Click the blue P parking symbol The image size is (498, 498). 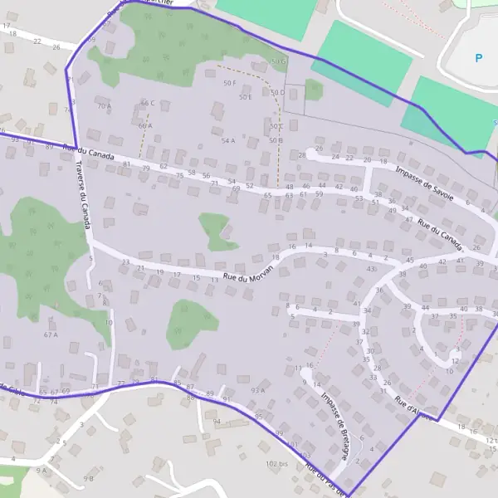(x=478, y=58)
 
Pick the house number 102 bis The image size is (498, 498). (x=276, y=463)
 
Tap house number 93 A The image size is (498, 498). (x=256, y=390)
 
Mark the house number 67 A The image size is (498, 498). (x=51, y=334)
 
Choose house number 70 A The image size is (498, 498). (x=103, y=106)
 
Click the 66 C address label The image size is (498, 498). (x=148, y=103)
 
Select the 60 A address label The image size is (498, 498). (x=145, y=125)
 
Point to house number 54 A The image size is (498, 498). (x=228, y=141)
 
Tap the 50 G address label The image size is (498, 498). (x=277, y=61)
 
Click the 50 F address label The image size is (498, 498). (x=230, y=83)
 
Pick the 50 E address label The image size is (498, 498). (x=245, y=97)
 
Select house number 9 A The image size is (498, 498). (x=41, y=471)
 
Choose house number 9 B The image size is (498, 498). (x=88, y=478)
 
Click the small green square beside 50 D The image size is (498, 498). (x=313, y=89)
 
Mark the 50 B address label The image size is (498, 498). (x=276, y=140)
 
